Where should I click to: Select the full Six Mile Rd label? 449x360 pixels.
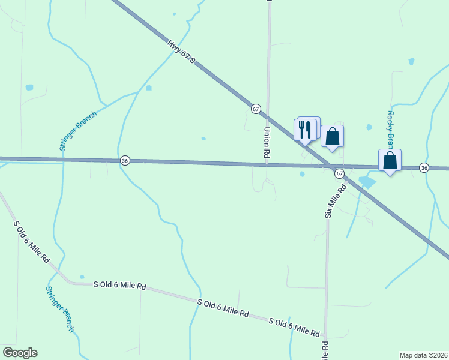click(336, 201)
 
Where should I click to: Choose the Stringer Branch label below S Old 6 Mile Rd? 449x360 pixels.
click(59, 308)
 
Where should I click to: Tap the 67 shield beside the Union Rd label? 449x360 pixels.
click(256, 109)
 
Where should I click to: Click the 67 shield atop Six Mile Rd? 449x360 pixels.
click(339, 173)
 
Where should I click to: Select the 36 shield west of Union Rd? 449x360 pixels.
click(125, 161)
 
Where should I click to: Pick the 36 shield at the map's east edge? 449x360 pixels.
click(424, 167)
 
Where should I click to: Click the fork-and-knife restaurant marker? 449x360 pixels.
click(305, 130)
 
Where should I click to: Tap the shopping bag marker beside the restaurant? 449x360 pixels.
click(332, 137)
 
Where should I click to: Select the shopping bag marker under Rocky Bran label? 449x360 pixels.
click(390, 161)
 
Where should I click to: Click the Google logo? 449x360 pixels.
click(20, 353)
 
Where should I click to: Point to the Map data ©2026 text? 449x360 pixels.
click(423, 355)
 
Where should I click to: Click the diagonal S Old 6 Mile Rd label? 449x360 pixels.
click(31, 244)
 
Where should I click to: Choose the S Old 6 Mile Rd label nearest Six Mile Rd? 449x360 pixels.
click(294, 327)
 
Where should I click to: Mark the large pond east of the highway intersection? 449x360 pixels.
click(366, 181)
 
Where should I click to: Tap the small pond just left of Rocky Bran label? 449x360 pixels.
click(369, 127)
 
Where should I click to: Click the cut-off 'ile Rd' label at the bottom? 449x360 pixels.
click(325, 350)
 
